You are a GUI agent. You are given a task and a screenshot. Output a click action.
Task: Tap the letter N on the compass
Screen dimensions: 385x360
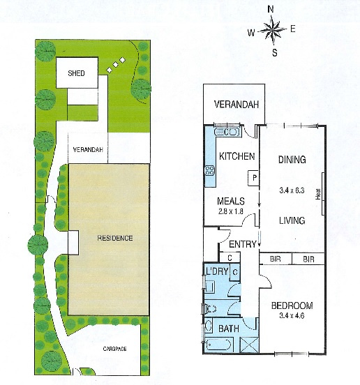pyautogui.click(x=272, y=9)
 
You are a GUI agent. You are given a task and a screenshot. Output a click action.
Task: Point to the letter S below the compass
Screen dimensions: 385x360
pyautogui.click(x=274, y=52)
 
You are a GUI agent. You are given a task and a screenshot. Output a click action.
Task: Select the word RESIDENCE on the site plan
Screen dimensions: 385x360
pyautogui.click(x=115, y=238)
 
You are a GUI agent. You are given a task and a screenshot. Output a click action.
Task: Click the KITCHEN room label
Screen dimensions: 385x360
pyautogui.click(x=237, y=156)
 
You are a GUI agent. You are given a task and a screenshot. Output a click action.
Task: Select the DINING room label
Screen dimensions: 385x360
pyautogui.click(x=292, y=160)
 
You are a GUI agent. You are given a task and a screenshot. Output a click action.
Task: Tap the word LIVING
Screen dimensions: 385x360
pyautogui.click(x=292, y=220)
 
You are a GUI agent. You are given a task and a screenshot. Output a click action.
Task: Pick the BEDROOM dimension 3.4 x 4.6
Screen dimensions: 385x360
pyautogui.click(x=292, y=316)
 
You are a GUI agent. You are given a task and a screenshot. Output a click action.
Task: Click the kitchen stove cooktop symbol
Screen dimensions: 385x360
pyautogui.click(x=209, y=172)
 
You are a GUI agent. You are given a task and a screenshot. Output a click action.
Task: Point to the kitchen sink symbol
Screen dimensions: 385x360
pyautogui.click(x=229, y=131)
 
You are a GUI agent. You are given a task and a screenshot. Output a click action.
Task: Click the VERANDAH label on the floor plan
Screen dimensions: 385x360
pyautogui.click(x=236, y=105)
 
